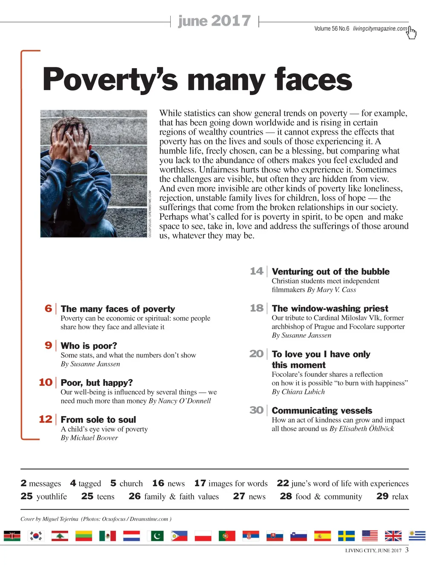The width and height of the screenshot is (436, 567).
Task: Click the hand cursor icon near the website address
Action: pyautogui.click(x=411, y=32)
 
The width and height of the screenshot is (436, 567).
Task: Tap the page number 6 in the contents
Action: pyautogui.click(x=48, y=308)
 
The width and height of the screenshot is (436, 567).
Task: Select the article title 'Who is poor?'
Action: pyautogui.click(x=89, y=346)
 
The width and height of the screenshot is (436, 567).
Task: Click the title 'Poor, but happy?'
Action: pyautogui.click(x=97, y=382)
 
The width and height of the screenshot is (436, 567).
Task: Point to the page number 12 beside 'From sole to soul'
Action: pyautogui.click(x=45, y=419)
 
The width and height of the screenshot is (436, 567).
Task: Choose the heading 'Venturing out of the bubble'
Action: pyautogui.click(x=330, y=272)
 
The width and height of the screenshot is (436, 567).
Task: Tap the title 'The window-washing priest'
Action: pyautogui.click(x=330, y=308)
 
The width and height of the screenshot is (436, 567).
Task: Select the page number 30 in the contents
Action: pyautogui.click(x=256, y=410)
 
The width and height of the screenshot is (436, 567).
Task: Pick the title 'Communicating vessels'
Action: pyautogui.click(x=322, y=411)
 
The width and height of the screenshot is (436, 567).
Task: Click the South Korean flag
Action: pyautogui.click(x=36, y=536)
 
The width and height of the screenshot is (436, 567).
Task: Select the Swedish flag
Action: pyautogui.click(x=346, y=536)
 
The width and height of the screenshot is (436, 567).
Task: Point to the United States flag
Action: pyautogui.click(x=370, y=536)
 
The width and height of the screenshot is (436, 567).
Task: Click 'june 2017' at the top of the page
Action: pyautogui.click(x=214, y=21)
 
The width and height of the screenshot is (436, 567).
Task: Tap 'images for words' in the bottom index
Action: pyautogui.click(x=238, y=483)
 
